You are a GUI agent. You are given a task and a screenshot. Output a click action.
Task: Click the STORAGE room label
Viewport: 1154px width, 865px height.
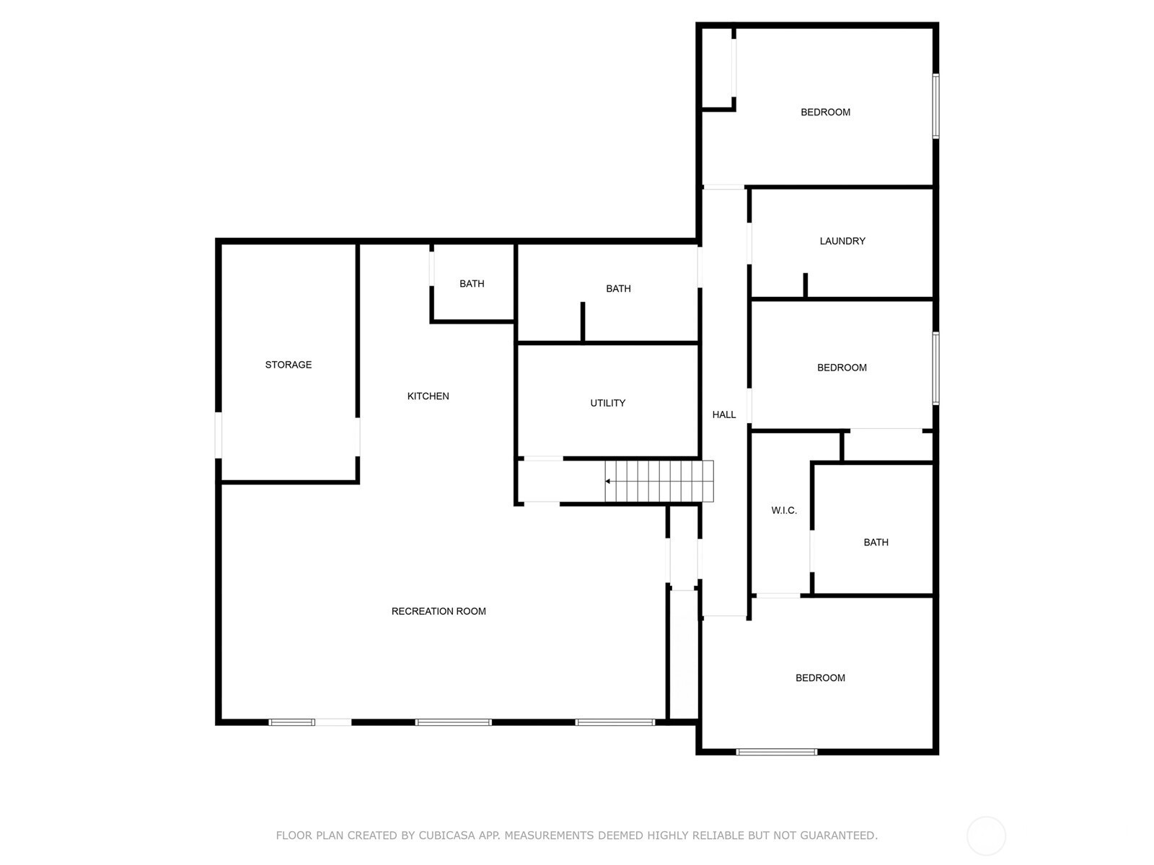[x=288, y=365]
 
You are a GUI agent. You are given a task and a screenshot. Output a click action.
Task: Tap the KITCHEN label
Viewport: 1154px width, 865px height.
[x=428, y=396]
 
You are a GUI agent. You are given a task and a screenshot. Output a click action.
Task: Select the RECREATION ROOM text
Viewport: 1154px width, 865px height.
[x=439, y=611]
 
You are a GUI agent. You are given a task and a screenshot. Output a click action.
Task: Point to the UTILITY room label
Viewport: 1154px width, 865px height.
[x=608, y=403]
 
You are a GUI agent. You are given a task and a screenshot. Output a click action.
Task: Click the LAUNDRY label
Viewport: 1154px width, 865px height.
[x=842, y=241]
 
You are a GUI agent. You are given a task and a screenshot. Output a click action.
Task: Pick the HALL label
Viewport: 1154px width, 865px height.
[x=724, y=414]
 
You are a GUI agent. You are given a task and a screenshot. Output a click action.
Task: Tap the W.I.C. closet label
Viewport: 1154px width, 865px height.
[x=784, y=510]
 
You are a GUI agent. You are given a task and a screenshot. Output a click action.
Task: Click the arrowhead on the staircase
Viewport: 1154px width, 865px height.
[x=607, y=481]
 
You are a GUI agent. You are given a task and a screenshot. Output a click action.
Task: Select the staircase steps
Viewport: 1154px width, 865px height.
[x=659, y=481]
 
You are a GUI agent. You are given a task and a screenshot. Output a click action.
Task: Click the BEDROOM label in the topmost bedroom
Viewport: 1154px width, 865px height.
[x=825, y=112]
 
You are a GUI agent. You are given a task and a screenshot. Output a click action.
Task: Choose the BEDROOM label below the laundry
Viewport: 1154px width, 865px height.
[x=842, y=368]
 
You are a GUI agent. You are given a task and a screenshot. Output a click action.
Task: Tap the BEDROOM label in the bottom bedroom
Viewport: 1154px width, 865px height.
[x=820, y=678]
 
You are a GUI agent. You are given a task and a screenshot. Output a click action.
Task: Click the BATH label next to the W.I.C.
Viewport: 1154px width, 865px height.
[x=876, y=543]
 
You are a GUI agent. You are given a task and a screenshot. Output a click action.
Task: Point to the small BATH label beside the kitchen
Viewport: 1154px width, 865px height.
[x=472, y=283]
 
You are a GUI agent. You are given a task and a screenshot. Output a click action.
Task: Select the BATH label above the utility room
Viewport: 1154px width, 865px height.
[x=618, y=289]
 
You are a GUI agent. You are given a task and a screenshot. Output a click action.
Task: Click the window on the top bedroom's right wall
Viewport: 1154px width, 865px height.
[x=935, y=106]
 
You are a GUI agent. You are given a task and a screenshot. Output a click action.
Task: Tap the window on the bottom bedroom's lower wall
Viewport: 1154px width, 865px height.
[x=777, y=752]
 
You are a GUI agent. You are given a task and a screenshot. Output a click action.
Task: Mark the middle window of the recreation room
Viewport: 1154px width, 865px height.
[x=453, y=723]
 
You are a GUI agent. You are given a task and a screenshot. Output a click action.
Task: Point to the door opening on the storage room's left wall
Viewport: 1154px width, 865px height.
[x=219, y=435]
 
